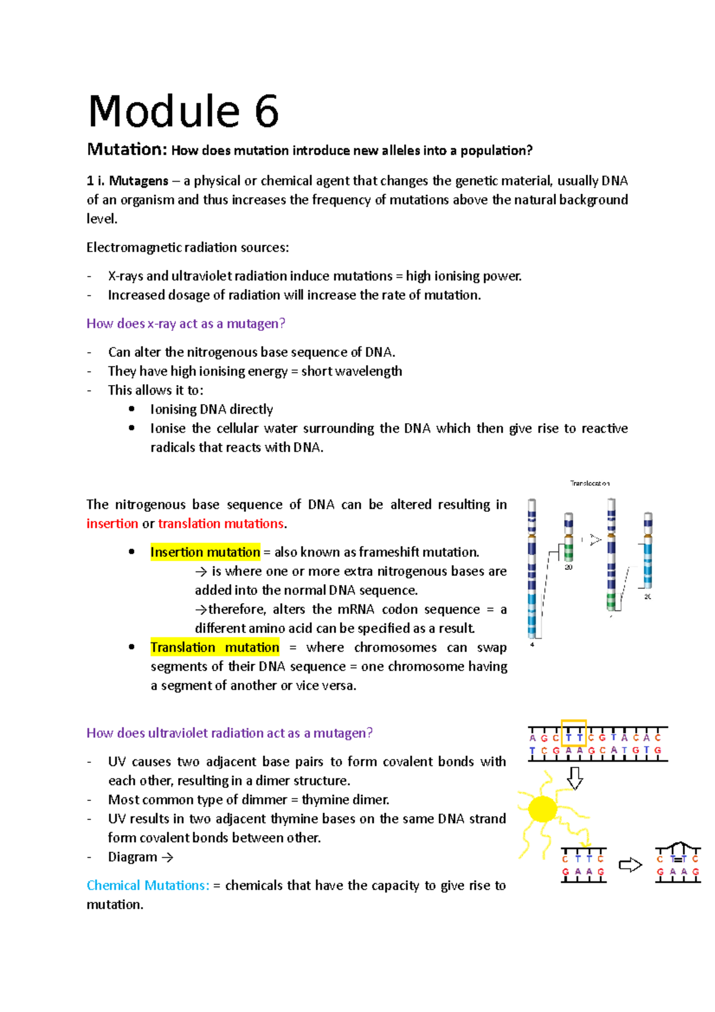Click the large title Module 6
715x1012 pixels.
(x=183, y=112)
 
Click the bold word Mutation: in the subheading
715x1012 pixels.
(x=127, y=149)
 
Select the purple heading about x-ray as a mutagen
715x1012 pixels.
(x=185, y=324)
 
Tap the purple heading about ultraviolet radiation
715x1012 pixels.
(x=229, y=733)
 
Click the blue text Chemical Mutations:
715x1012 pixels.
(x=148, y=886)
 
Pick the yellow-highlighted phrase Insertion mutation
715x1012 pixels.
(x=205, y=552)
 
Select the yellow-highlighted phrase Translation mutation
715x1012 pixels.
(x=214, y=648)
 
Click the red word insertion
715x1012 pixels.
(x=112, y=524)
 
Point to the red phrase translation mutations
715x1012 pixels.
(x=220, y=524)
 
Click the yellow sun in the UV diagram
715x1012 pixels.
(x=542, y=809)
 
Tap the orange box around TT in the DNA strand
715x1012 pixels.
(x=574, y=733)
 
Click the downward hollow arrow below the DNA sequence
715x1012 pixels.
(x=574, y=778)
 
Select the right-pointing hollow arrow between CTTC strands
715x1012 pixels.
(x=630, y=865)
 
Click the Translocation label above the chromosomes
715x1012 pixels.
(x=589, y=483)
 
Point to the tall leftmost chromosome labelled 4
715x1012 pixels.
(x=532, y=569)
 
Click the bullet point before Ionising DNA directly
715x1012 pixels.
(x=132, y=409)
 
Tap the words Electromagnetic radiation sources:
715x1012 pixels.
(x=188, y=247)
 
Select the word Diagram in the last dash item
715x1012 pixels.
(x=132, y=857)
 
